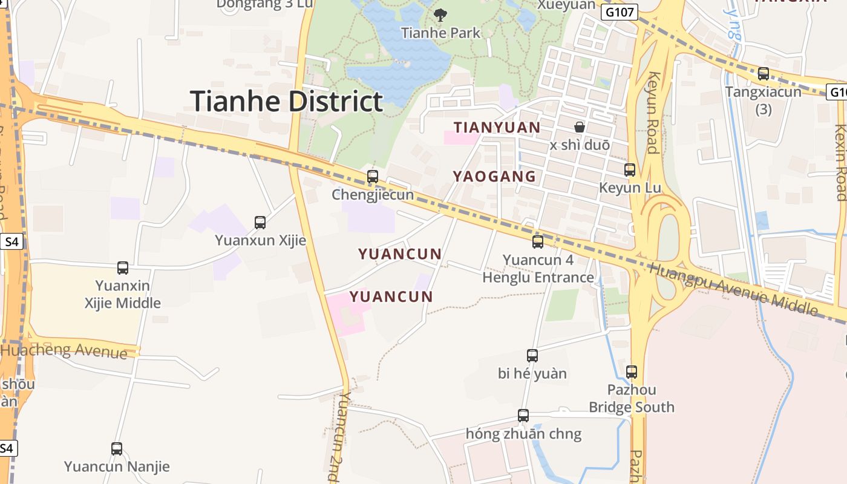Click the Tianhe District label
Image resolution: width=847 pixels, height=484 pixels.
tap(287, 101)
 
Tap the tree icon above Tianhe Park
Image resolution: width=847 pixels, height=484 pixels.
tap(440, 15)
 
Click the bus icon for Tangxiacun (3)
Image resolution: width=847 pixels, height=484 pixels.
tap(764, 74)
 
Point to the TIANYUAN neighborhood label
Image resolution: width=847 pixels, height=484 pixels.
tap(497, 128)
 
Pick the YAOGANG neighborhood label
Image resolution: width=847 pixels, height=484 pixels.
tap(494, 177)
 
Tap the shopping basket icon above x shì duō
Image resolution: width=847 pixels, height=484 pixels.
tap(580, 127)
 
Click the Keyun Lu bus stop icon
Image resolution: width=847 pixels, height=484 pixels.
tap(630, 170)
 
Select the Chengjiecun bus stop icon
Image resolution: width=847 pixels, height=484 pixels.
tap(373, 177)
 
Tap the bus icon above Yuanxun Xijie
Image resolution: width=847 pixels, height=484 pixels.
tap(260, 223)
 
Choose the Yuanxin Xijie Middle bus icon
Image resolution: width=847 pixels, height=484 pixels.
tap(123, 267)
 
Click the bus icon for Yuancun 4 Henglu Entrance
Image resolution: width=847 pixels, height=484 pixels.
tap(538, 242)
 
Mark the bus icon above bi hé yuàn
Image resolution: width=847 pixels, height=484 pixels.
tap(532, 356)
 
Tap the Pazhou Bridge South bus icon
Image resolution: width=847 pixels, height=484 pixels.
tap(632, 371)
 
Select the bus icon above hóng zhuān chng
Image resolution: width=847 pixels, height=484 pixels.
tap(523, 416)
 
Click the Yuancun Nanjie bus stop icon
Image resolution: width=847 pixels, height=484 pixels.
tap(117, 449)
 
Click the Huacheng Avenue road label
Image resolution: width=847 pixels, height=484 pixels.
tap(64, 350)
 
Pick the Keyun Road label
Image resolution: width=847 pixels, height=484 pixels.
tap(653, 113)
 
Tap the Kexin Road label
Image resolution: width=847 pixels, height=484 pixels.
tap(840, 162)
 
